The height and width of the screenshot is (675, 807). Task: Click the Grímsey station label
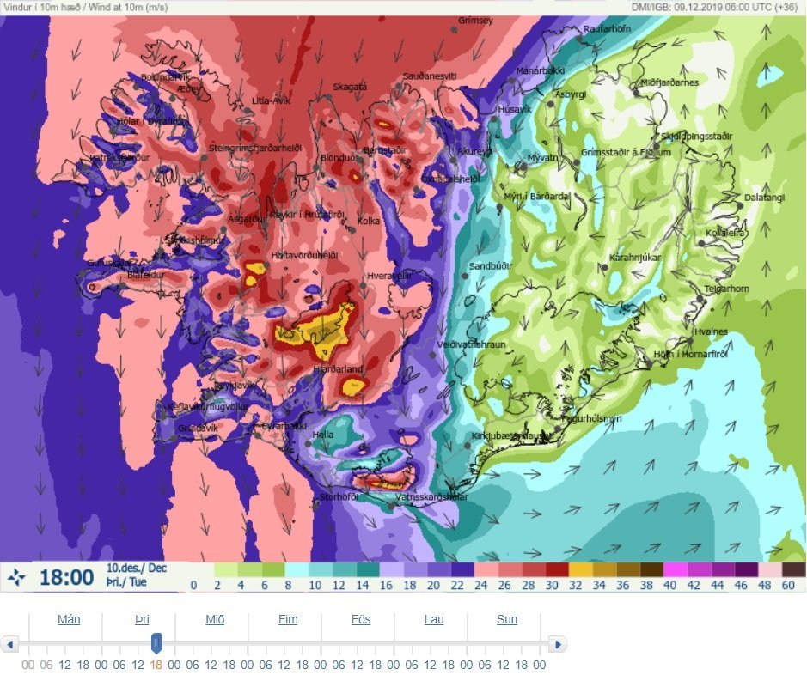(x=475, y=20)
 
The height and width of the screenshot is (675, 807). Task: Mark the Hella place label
(x=323, y=435)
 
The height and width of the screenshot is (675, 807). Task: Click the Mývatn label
(x=542, y=157)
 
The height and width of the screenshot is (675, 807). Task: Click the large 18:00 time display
(x=66, y=577)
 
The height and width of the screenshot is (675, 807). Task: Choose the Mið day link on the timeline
(x=215, y=619)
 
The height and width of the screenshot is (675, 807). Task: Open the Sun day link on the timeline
(x=507, y=619)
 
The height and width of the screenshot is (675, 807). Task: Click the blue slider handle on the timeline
(x=156, y=643)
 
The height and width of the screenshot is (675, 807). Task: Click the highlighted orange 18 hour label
(x=156, y=665)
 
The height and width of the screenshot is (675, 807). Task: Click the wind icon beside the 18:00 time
(x=16, y=578)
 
